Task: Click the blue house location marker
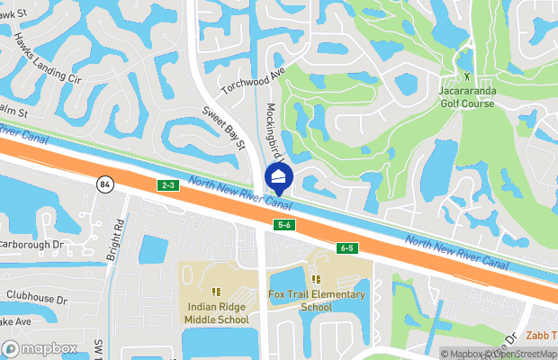278,177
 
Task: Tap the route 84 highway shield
104,183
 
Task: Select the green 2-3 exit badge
167,185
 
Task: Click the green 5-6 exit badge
283,224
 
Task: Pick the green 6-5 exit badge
347,247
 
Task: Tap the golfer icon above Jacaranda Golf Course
466,76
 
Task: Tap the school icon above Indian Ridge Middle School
216,291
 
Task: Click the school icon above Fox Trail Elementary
316,279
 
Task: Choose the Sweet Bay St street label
223,127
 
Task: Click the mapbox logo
40,348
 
